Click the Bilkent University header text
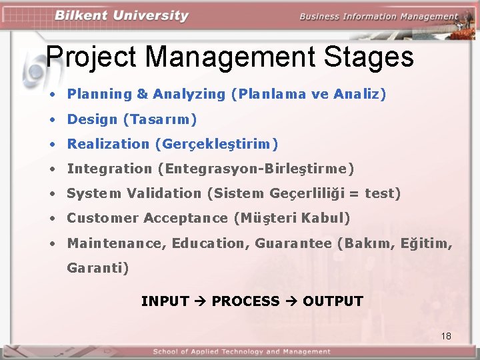121,16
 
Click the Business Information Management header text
379,17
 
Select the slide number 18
446,336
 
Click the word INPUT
165,301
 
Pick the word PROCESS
245,301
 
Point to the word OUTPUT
333,301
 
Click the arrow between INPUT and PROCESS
200,301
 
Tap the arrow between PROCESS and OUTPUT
291,301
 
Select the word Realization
108,144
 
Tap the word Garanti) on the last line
98,268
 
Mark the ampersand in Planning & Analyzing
142,94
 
